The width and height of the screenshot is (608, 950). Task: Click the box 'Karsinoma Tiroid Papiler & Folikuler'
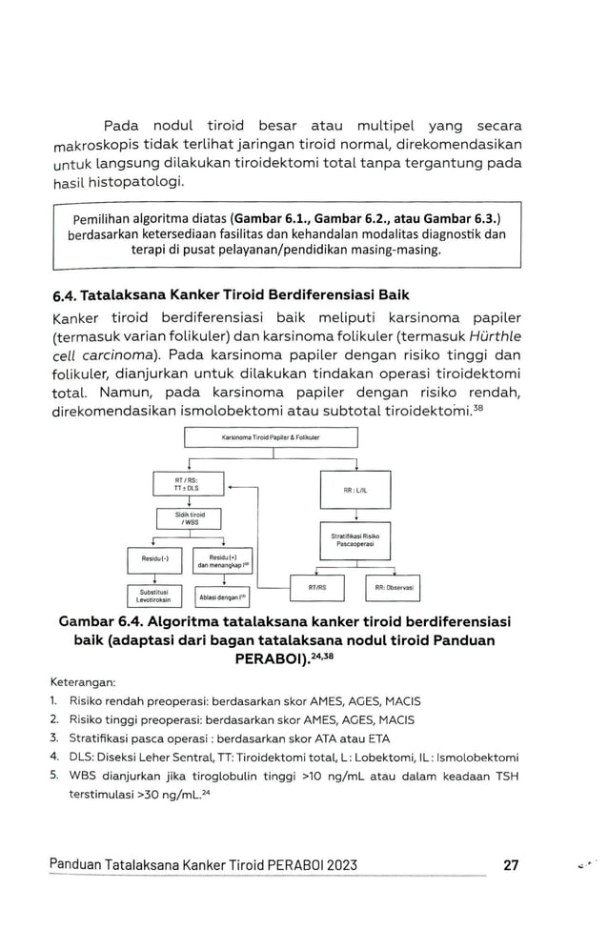(271, 436)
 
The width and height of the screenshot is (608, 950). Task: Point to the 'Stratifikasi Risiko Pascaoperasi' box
(355, 539)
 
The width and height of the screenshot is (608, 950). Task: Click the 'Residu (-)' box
(153, 560)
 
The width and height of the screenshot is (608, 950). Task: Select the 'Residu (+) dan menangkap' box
(223, 560)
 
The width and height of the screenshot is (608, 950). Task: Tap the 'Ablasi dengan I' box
(223, 597)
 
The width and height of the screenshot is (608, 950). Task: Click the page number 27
(510, 865)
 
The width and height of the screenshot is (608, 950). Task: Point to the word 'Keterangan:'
(81, 682)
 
